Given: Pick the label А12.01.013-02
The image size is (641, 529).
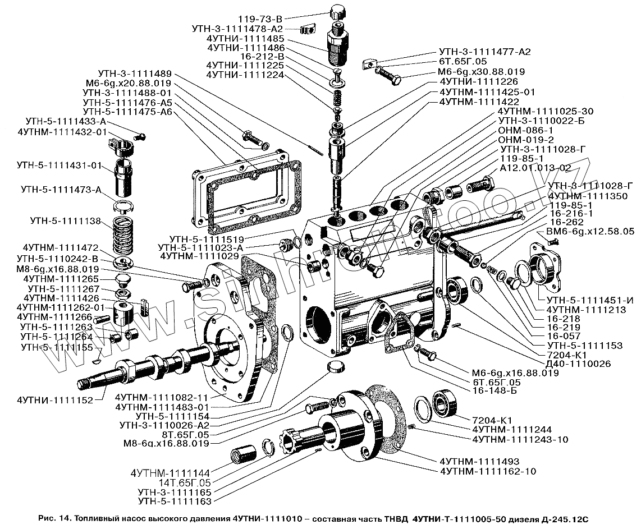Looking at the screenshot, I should pyautogui.click(x=535, y=168).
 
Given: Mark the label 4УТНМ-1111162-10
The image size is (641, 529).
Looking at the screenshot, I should pyautogui.click(x=488, y=471).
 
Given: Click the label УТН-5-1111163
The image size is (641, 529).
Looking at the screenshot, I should pyautogui.click(x=174, y=500).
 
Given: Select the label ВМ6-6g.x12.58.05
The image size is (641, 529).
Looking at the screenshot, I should pyautogui.click(x=590, y=231).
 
